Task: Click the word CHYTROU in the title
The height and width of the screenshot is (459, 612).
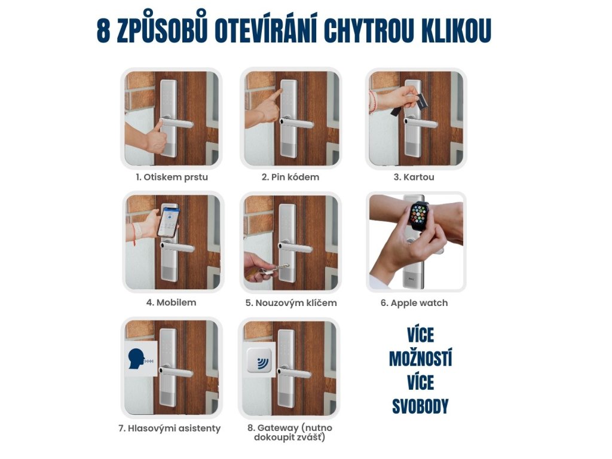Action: click(x=368, y=30)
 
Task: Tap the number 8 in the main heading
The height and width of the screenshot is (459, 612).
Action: click(x=103, y=30)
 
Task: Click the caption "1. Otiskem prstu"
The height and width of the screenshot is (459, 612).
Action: click(x=172, y=177)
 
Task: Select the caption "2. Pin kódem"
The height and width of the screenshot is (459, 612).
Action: click(x=290, y=177)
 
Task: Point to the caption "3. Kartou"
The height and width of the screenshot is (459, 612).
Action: click(x=414, y=177)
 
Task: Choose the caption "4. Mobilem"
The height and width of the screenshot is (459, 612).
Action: click(x=172, y=302)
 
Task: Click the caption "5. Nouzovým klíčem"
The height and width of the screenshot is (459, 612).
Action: click(x=291, y=303)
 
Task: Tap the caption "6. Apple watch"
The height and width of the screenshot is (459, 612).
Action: click(x=414, y=303)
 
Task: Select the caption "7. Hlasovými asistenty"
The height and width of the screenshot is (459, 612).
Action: click(x=169, y=429)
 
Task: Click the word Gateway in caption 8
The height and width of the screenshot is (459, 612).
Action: click(x=277, y=428)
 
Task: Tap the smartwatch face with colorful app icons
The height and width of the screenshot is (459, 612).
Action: click(x=419, y=215)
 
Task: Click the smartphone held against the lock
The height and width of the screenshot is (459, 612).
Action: click(x=169, y=221)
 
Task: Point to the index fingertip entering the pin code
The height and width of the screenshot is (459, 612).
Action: click(x=280, y=92)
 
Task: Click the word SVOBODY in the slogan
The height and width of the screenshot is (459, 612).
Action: click(x=420, y=406)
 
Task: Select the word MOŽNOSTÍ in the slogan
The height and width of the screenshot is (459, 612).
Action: click(x=420, y=358)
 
